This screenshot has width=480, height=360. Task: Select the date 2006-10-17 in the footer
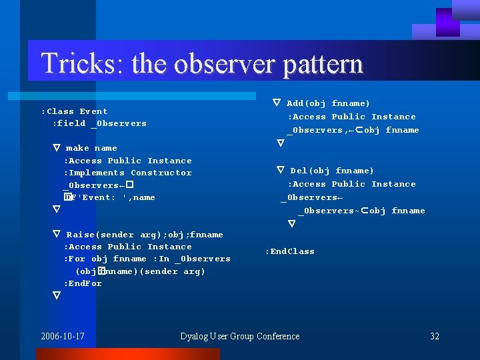tap(62, 336)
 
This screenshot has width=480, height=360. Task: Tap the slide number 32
tap(435, 336)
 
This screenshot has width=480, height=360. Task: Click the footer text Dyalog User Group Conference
tap(240, 336)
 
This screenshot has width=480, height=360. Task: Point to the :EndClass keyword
tap(289, 251)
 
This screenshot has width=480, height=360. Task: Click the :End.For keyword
tap(83, 283)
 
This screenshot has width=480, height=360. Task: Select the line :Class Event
tap(74, 111)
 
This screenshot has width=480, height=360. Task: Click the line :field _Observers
tap(99, 123)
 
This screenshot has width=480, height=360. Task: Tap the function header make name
tap(91, 148)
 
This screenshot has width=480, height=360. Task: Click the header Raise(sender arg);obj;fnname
tap(145, 235)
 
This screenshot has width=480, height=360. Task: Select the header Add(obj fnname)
tap(328, 103)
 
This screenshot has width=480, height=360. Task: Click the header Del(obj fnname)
tap(332, 171)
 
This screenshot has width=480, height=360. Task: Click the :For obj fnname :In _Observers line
tap(147, 259)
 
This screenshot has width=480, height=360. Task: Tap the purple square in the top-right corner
tap(447, 22)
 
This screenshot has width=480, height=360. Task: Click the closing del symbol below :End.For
tap(57, 295)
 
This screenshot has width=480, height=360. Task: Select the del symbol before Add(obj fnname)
tap(277, 103)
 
